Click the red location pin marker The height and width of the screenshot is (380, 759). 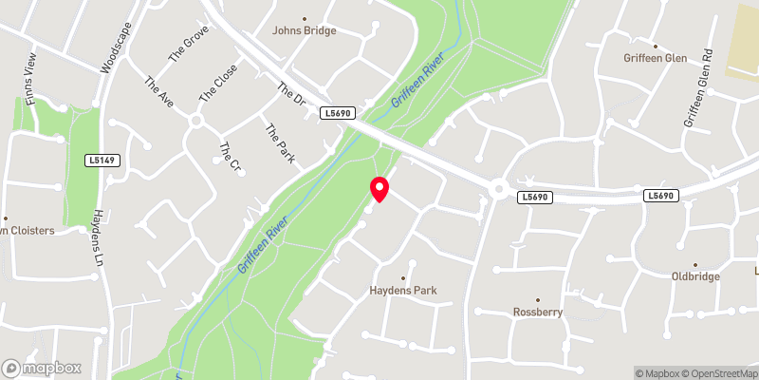click(379, 189)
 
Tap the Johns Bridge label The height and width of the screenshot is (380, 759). click(305, 29)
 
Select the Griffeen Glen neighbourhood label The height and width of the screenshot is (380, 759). click(656, 57)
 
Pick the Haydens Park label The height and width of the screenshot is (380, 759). click(411, 290)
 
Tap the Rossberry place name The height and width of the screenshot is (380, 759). click(538, 312)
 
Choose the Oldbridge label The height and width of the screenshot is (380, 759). click(695, 276)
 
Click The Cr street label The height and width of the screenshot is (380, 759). click(229, 157)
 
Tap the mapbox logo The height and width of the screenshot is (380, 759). click(42, 367)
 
